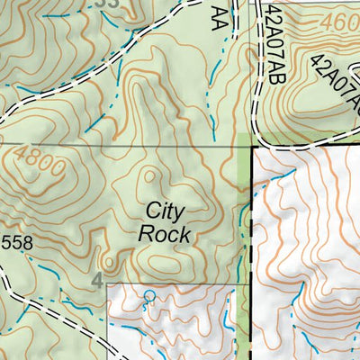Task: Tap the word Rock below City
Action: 166,234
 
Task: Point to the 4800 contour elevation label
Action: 39,167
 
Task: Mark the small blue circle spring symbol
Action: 149,295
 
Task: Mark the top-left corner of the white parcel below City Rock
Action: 109,284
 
